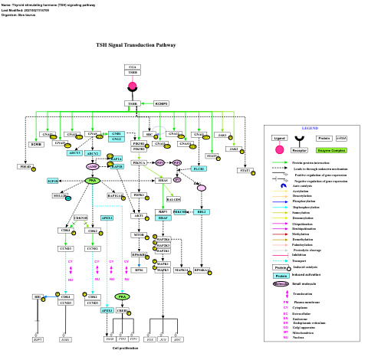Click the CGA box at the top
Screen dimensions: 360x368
pos(133,67)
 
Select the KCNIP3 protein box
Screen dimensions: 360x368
pos(161,103)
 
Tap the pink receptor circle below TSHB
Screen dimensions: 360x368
pos(132,86)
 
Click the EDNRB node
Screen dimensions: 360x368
pos(35,144)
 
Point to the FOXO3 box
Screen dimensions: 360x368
pos(25,166)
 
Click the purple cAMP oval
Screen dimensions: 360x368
pos(93,166)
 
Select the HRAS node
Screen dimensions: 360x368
pos(163,181)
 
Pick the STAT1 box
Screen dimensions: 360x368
pos(245,170)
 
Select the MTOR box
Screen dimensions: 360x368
pos(140,234)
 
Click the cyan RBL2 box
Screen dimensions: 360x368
pos(202,211)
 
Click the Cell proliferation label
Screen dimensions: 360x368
pos(125,348)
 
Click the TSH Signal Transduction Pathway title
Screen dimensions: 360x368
pos(136,45)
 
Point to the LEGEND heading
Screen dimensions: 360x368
pos(310,128)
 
